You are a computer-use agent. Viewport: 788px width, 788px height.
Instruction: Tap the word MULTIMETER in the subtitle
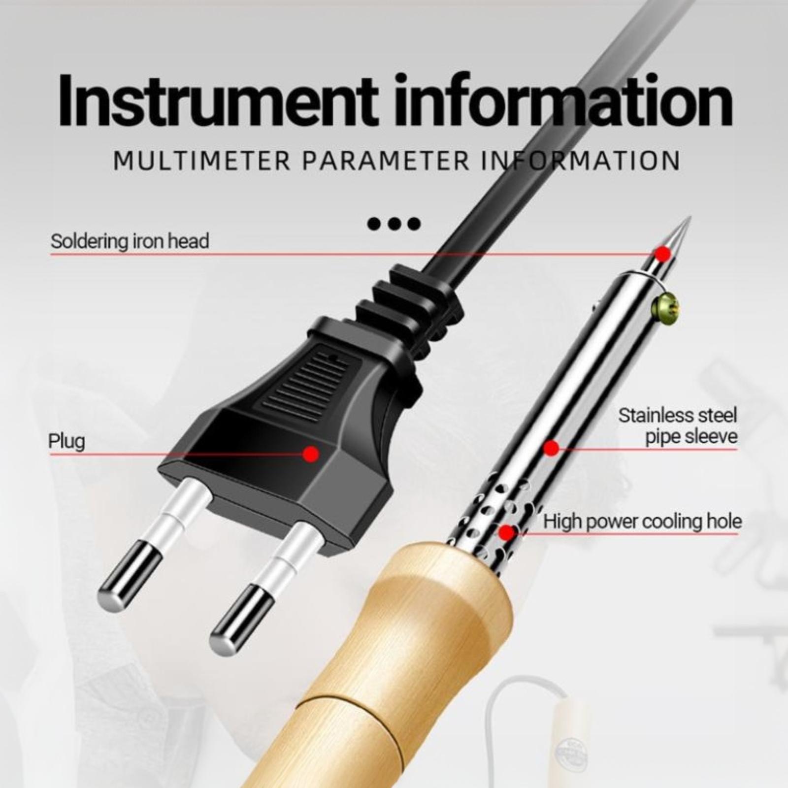click(202, 161)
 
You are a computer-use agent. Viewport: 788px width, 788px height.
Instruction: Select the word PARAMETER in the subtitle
click(386, 161)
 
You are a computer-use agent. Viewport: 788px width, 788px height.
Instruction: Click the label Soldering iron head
click(130, 241)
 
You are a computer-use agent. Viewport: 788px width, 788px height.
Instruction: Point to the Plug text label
click(66, 441)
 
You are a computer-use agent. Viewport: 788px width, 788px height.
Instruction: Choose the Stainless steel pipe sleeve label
click(678, 426)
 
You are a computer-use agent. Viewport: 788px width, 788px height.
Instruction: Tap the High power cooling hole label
click(642, 521)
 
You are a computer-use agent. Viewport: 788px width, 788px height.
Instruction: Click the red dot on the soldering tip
click(663, 254)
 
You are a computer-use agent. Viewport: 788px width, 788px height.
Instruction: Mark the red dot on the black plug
click(311, 454)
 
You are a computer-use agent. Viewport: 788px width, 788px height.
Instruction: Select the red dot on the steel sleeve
click(551, 448)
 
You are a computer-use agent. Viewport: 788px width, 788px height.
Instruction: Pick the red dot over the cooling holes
click(507, 532)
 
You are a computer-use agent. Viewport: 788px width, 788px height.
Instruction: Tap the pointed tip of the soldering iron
click(690, 217)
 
